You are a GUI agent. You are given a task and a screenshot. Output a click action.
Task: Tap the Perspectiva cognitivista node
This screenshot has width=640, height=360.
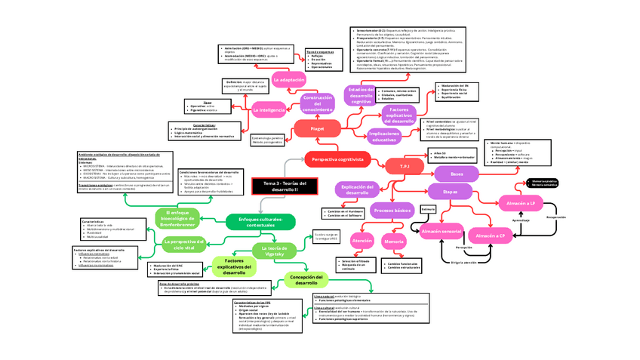[x=337, y=160]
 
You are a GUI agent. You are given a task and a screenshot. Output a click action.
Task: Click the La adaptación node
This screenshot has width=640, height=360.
[x=289, y=79]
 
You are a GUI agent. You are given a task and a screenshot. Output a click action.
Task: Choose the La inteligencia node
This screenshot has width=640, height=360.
[x=269, y=110]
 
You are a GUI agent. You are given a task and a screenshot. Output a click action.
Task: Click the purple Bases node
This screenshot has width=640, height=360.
[x=456, y=174]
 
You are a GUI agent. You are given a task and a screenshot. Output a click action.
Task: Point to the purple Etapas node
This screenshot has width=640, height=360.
[x=450, y=192]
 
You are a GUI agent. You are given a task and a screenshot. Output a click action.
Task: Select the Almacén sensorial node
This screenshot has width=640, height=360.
[x=441, y=230]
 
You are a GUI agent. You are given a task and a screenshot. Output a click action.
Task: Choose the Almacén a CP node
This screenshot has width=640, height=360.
[x=491, y=235]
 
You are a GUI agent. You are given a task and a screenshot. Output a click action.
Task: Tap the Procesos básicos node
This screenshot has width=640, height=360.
[x=392, y=211]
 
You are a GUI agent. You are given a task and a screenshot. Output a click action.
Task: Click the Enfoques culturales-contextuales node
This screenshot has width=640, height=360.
[x=261, y=221]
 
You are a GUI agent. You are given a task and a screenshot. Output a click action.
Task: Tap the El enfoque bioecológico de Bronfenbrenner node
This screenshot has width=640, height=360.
[x=180, y=219]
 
